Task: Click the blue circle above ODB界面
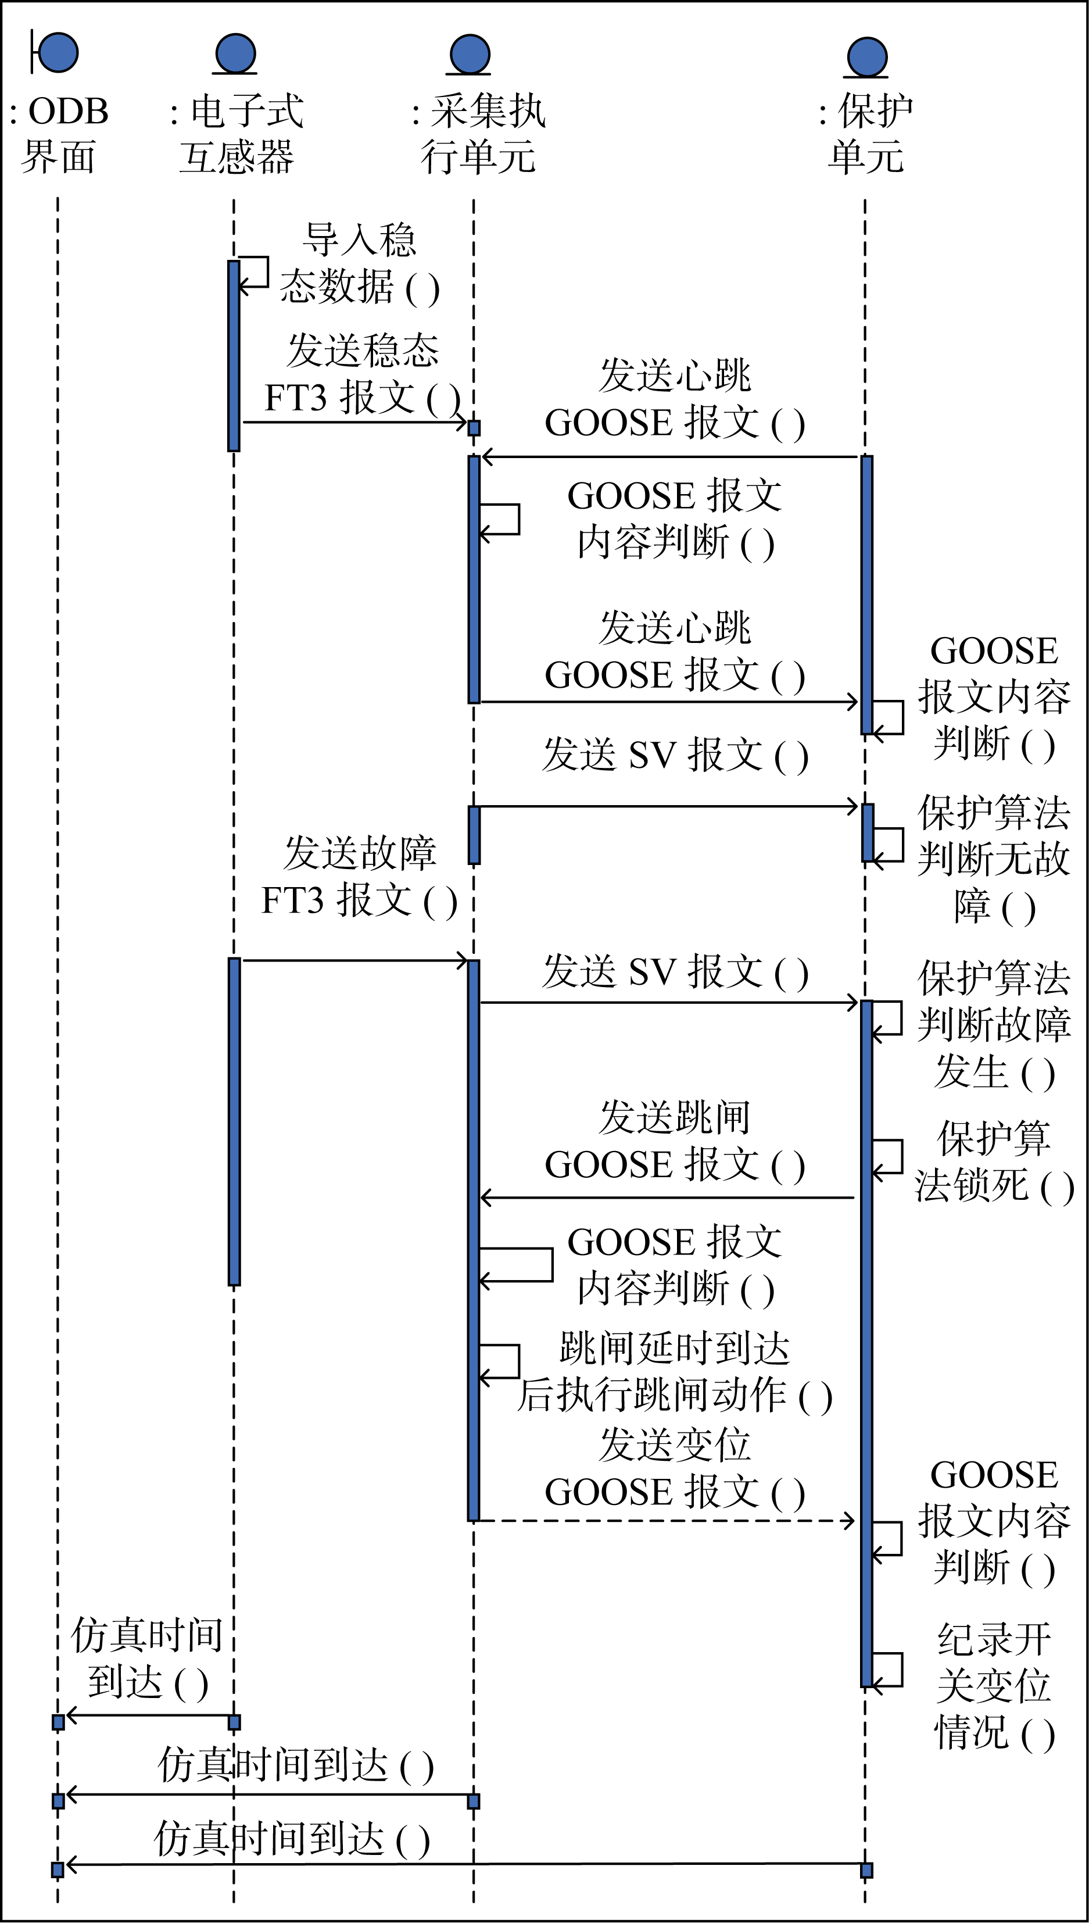(x=58, y=52)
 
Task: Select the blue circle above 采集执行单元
(x=470, y=54)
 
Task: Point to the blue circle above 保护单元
(x=867, y=57)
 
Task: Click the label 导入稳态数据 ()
(x=359, y=263)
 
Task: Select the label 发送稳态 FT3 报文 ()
(x=362, y=374)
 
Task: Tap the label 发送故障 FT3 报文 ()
(x=359, y=877)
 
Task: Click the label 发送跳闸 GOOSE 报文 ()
(x=675, y=1141)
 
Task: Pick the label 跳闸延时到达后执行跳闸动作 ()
(x=675, y=1372)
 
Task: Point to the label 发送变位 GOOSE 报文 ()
(x=675, y=1469)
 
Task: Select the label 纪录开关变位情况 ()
(x=994, y=1686)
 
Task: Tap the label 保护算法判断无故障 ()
(x=994, y=859)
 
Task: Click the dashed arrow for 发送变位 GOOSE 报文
(x=666, y=1521)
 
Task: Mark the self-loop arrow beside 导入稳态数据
(x=255, y=272)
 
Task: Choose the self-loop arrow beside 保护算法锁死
(x=888, y=1159)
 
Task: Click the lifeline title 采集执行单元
(x=479, y=135)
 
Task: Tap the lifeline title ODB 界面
(x=58, y=135)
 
